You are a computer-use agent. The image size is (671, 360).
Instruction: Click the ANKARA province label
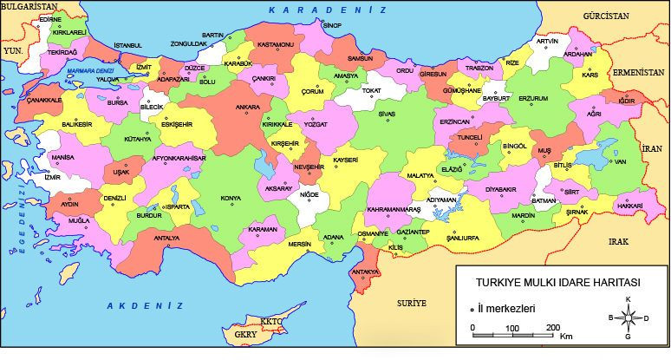[x=248, y=108]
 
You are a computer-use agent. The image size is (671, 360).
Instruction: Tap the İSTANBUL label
[x=127, y=44]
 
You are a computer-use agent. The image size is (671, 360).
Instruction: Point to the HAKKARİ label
[x=629, y=206]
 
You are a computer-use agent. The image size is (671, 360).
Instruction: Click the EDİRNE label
[x=51, y=18]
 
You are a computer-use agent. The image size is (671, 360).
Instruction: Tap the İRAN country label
[x=651, y=148]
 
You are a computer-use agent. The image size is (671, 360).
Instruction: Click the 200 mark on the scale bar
[x=552, y=327]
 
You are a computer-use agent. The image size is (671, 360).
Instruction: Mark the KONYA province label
[x=231, y=199]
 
